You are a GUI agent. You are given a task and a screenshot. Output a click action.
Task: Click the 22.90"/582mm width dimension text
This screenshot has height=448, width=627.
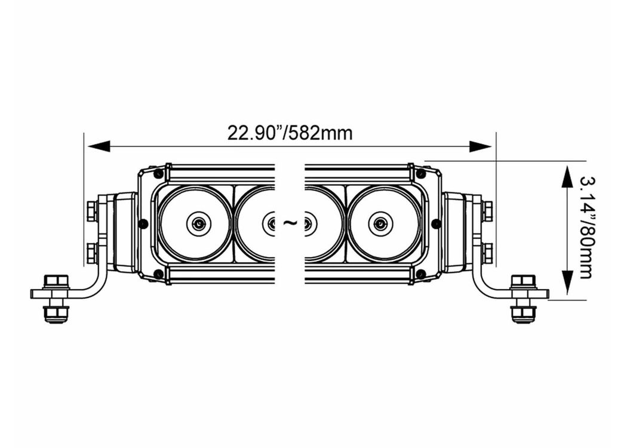point(290,133)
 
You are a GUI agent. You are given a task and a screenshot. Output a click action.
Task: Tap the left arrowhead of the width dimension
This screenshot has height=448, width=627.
point(99,146)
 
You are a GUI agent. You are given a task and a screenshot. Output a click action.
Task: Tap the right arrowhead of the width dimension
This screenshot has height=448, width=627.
point(481,146)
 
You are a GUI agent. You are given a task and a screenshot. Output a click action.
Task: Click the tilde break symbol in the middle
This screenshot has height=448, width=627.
point(290,223)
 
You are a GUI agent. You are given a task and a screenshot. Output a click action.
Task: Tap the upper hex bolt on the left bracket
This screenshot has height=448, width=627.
point(91,211)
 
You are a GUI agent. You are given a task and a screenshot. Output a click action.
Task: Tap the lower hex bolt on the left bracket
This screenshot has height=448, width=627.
point(91,253)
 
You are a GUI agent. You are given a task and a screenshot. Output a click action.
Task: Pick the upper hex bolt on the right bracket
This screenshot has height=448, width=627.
point(487,211)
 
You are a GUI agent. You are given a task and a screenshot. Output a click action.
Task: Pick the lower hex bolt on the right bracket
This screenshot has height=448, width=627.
point(487,253)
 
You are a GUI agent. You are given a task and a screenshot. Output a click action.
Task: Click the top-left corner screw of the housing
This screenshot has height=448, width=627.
point(159,174)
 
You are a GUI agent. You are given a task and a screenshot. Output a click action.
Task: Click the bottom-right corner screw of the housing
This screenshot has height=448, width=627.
point(420,274)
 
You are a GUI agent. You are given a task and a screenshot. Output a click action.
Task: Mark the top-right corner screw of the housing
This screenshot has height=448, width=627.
point(420,174)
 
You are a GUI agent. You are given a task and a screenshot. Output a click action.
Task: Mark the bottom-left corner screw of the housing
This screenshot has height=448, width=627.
point(159,274)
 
